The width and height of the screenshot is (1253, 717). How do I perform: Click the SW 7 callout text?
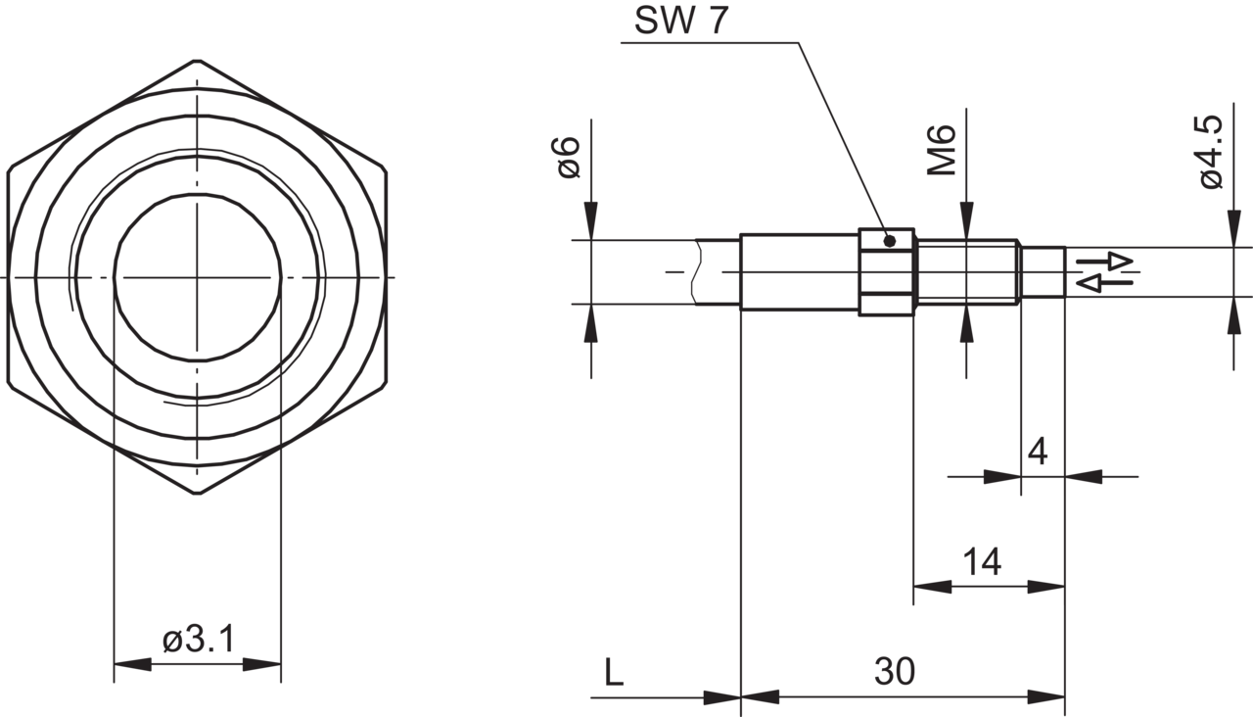(x=681, y=21)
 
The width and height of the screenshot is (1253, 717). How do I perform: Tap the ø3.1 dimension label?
(x=199, y=640)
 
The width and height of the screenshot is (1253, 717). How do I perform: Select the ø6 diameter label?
(x=569, y=158)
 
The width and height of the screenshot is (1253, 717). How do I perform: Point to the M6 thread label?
(x=942, y=150)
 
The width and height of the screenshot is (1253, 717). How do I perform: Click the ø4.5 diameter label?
(x=1213, y=152)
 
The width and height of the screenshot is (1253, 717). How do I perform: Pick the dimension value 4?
(x=1038, y=452)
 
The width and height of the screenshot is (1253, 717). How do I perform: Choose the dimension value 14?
(x=982, y=562)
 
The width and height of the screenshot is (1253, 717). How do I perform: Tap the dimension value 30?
(x=895, y=671)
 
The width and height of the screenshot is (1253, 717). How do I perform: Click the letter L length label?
(x=614, y=672)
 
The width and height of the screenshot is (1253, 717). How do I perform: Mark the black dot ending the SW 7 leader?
(x=890, y=241)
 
